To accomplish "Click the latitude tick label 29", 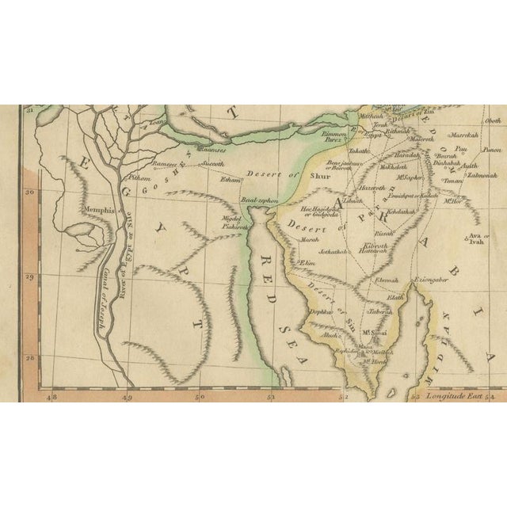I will tap(30, 276).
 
